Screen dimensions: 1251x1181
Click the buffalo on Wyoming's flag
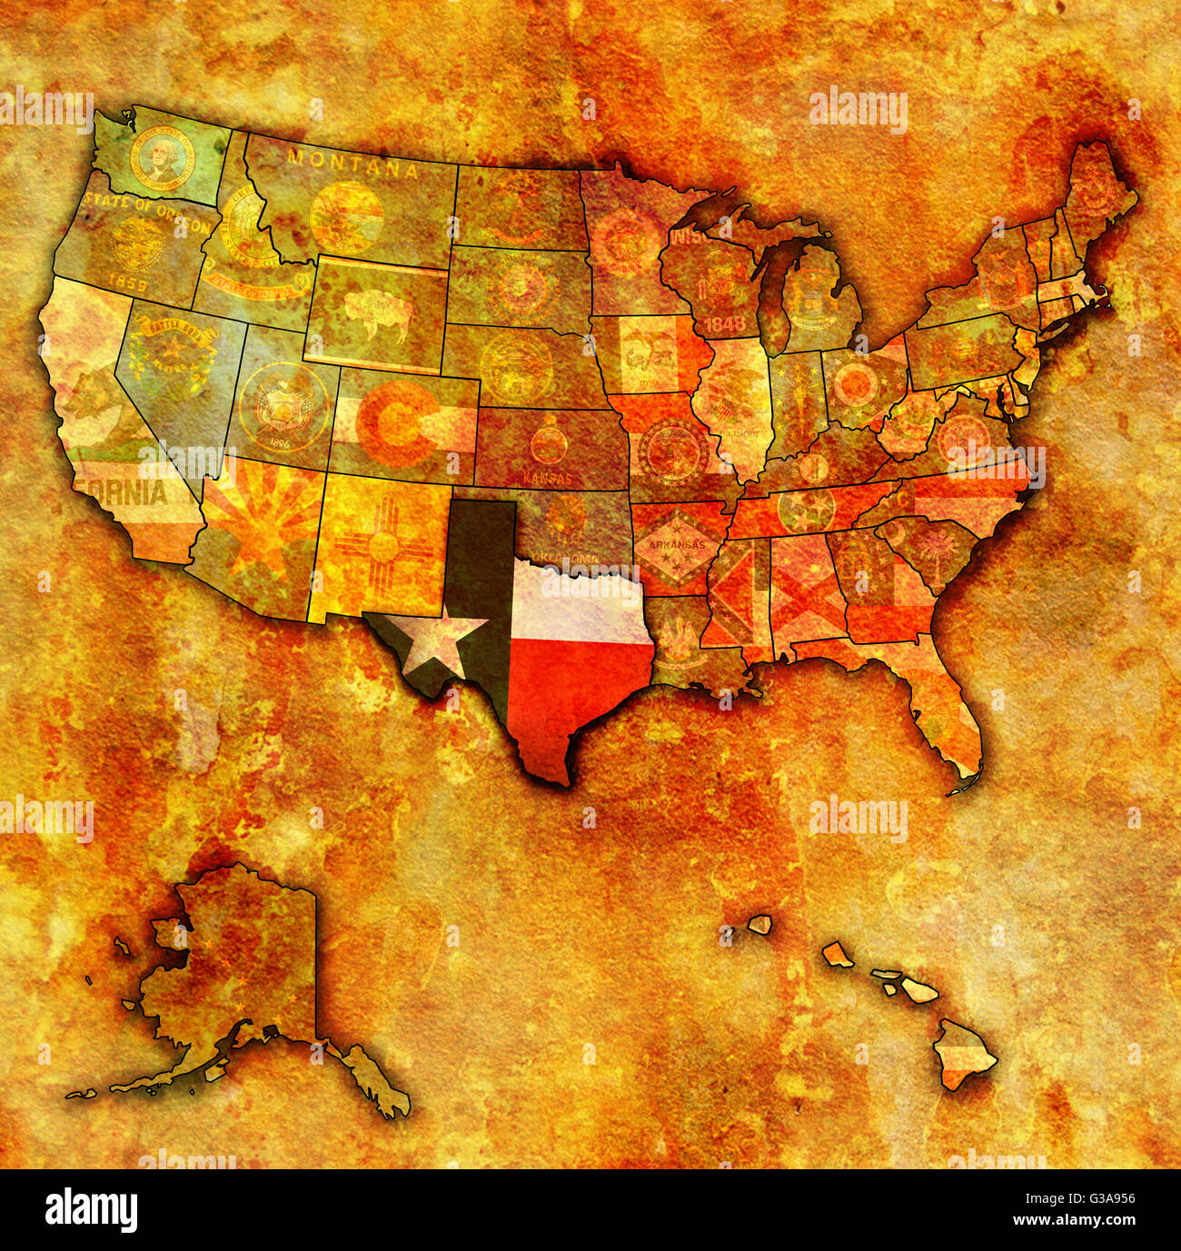point(375,313)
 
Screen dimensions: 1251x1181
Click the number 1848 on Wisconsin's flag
point(724,323)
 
